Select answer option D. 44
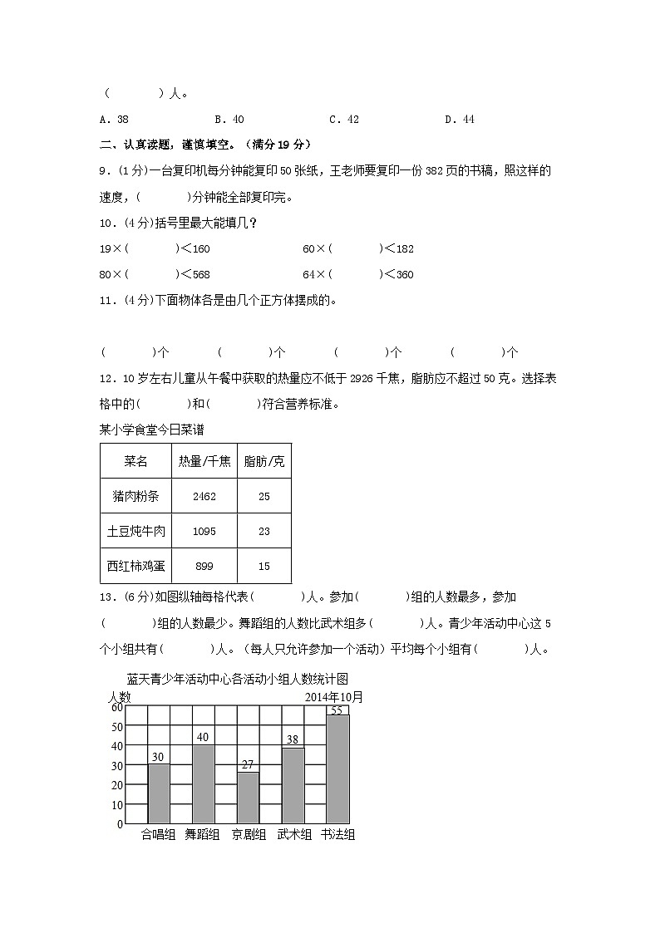[x=459, y=120]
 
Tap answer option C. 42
[x=344, y=120]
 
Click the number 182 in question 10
[x=404, y=249]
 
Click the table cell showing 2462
[x=204, y=497]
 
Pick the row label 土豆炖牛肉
[x=136, y=531]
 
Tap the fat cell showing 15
[x=264, y=567]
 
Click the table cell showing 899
[x=204, y=567]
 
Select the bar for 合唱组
[x=159, y=793]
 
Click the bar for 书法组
[x=337, y=768]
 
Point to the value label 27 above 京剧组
[x=247, y=764]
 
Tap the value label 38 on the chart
[x=292, y=739]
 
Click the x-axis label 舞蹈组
[x=202, y=835]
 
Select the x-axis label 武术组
[x=293, y=835]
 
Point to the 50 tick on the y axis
[x=117, y=727]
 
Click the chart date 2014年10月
[x=334, y=697]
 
